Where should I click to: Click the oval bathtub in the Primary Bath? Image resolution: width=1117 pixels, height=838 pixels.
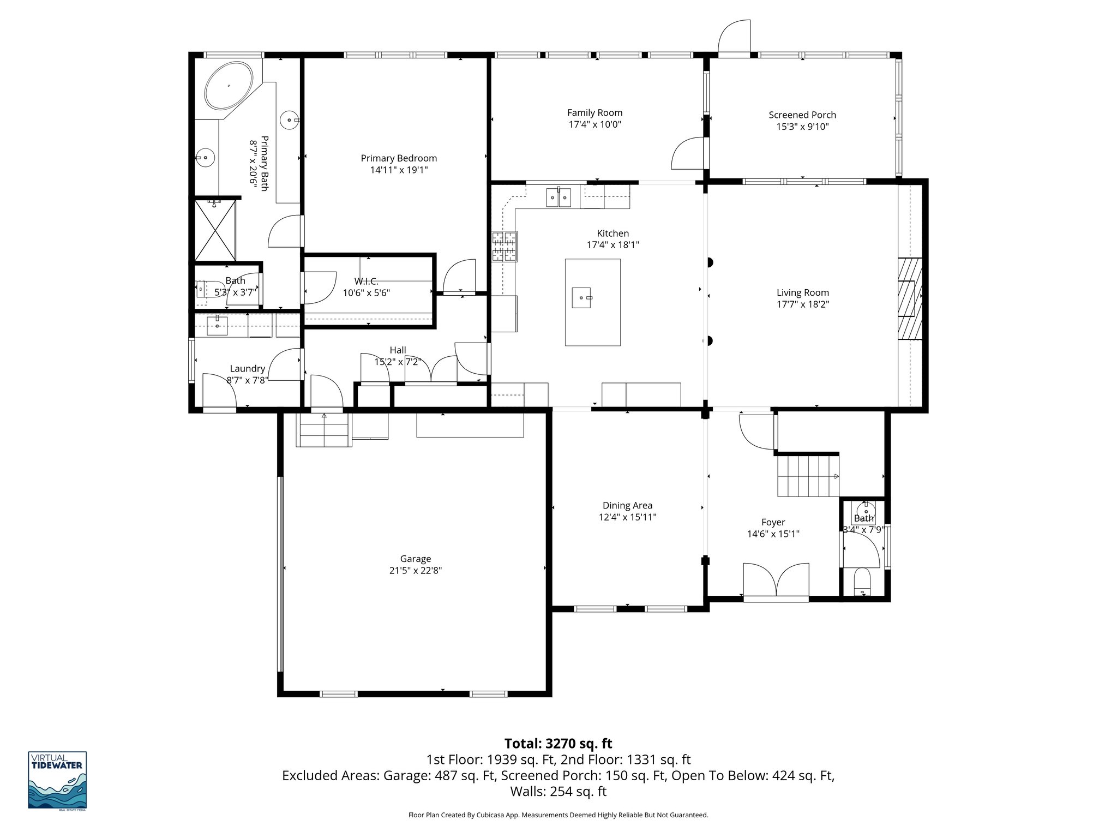pyautogui.click(x=229, y=86)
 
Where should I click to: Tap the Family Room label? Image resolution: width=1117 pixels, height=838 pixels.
pyautogui.click(x=594, y=113)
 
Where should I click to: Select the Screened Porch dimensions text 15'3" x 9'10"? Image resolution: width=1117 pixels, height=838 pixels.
pyautogui.click(x=802, y=127)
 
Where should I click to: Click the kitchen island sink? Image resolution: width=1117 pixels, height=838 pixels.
pyautogui.click(x=581, y=298)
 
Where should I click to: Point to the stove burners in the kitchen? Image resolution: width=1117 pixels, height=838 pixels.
pyautogui.click(x=505, y=247)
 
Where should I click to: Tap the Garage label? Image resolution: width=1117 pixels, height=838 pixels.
pyautogui.click(x=416, y=559)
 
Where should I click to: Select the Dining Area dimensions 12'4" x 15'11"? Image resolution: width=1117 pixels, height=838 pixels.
pyautogui.click(x=627, y=517)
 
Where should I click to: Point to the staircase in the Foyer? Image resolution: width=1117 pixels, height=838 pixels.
pyautogui.click(x=807, y=476)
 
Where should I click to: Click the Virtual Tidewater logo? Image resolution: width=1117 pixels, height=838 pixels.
pyautogui.click(x=57, y=780)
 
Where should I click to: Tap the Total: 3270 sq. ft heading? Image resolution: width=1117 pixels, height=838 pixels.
pyautogui.click(x=558, y=744)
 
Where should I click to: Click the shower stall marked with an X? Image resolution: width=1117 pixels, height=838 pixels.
pyautogui.click(x=215, y=230)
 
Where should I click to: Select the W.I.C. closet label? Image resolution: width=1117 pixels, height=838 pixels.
pyautogui.click(x=366, y=281)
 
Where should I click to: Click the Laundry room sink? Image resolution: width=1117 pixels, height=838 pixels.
pyautogui.click(x=218, y=325)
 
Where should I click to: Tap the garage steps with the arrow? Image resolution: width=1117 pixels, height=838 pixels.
pyautogui.click(x=323, y=429)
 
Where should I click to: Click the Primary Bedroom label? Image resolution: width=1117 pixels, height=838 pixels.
pyautogui.click(x=399, y=158)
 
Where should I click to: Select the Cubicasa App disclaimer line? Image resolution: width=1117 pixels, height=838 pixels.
pyautogui.click(x=558, y=815)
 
